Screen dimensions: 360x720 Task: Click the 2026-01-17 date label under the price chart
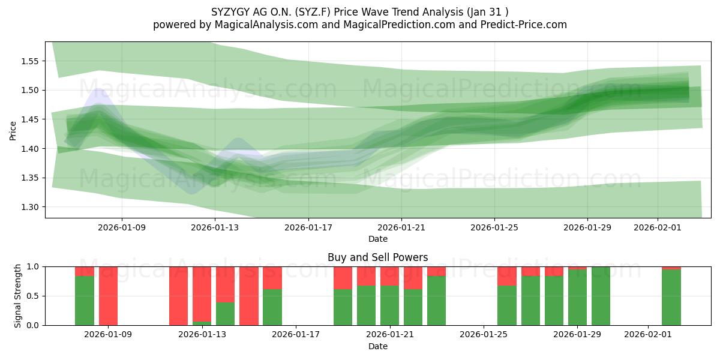[x=308, y=227]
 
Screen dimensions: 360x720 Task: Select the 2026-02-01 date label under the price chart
[x=657, y=227]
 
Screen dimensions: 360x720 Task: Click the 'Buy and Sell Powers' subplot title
[x=377, y=257]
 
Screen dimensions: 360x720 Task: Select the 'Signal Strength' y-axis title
[x=18, y=295]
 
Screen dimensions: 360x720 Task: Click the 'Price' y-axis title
[x=13, y=131]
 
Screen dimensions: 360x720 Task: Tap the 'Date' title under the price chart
[x=377, y=239]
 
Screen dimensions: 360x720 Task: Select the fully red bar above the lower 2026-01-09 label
[x=108, y=296]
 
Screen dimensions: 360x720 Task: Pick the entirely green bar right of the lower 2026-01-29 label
[x=601, y=296]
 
